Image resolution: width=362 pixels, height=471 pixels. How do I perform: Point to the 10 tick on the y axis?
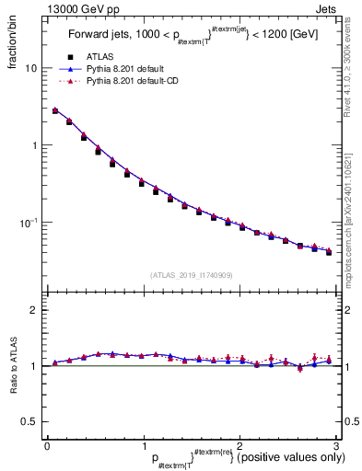tap(30, 68)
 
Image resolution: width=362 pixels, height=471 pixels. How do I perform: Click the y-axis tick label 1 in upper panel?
tap(34, 145)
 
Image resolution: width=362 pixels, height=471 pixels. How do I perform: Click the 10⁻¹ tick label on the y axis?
tap(28, 222)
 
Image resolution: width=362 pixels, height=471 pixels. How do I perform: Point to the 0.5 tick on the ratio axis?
tap(29, 421)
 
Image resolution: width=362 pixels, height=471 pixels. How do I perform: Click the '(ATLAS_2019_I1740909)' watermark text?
tap(191, 275)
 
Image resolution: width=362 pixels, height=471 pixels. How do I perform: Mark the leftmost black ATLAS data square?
tap(55, 111)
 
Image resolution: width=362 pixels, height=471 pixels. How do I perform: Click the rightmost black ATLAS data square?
tap(328, 251)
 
